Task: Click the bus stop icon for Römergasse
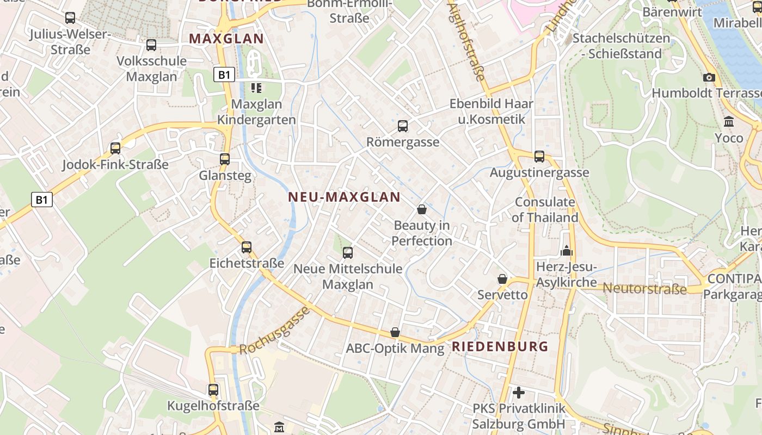(x=403, y=126)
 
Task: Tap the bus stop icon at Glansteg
(x=225, y=159)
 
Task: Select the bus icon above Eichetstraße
(x=247, y=247)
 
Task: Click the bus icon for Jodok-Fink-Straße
(x=115, y=148)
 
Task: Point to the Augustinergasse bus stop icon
(x=539, y=157)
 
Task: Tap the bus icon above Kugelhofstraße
(x=213, y=390)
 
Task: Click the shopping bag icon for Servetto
(x=502, y=279)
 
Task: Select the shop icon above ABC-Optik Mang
(x=395, y=332)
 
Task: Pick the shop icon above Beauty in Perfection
(x=422, y=209)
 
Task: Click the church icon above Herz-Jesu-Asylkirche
(x=567, y=251)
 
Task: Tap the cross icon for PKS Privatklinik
(x=519, y=392)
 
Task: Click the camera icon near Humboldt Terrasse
(x=709, y=78)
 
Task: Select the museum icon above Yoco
(x=729, y=121)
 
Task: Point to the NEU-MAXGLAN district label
(x=344, y=197)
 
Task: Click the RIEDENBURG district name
(x=500, y=346)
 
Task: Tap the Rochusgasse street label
(x=274, y=331)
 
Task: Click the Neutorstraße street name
(x=645, y=288)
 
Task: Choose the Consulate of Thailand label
(x=545, y=210)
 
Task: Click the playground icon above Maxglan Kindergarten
(x=256, y=88)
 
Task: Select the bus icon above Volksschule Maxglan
(x=151, y=45)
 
